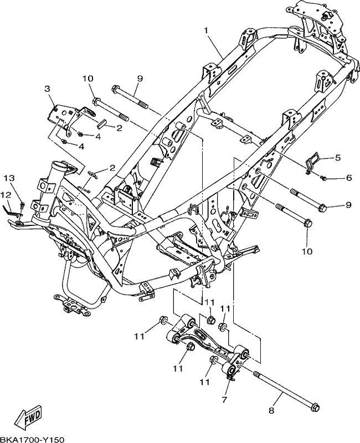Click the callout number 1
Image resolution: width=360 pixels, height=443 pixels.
[206, 30]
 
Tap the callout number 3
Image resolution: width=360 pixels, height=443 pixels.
[47, 89]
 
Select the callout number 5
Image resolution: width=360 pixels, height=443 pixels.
[338, 157]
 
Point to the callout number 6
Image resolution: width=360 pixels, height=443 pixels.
[349, 177]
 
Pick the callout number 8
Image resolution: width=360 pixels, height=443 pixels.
[271, 410]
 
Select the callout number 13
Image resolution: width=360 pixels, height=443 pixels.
[9, 178]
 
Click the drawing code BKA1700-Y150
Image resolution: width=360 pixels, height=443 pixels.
[32, 439]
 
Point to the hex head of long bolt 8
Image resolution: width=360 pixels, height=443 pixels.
[315, 408]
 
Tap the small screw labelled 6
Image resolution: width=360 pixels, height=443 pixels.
[323, 178]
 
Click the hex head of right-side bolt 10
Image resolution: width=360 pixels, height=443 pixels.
[308, 223]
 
